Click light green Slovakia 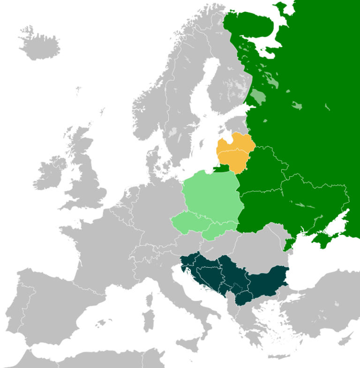click(220, 229)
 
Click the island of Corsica click(150, 300)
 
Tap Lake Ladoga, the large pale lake click(258, 98)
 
